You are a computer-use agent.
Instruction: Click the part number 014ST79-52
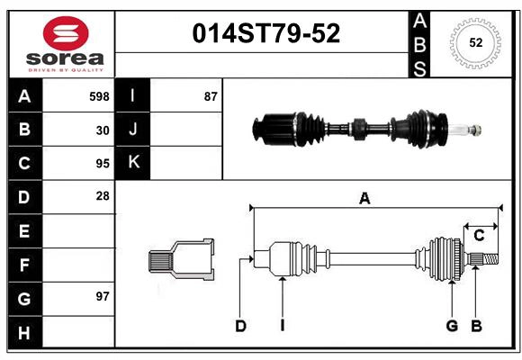pos(266,34)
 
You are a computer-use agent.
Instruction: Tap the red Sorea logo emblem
pos(66,34)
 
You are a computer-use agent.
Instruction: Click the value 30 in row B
pos(103,130)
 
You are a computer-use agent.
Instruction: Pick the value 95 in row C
pos(103,164)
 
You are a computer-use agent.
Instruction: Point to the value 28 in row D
pos(103,195)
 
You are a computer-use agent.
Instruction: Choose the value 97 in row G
pos(103,296)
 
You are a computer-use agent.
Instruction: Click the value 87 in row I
pos(211,96)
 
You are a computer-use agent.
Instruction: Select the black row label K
pos(134,163)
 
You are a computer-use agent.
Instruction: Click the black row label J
pos(134,130)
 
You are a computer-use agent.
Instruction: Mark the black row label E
pos(24,231)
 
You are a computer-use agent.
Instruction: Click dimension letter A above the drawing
pos(364,199)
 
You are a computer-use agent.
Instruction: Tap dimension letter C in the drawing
pos(479,235)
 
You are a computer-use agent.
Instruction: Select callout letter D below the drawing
pos(240,326)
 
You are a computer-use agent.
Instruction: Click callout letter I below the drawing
pos(282,326)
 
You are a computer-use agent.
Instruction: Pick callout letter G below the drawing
pos(452,326)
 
